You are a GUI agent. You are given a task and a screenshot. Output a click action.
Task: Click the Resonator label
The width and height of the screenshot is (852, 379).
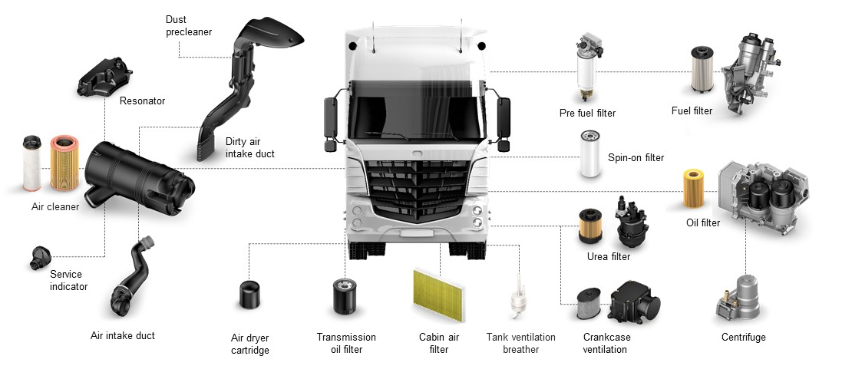142,101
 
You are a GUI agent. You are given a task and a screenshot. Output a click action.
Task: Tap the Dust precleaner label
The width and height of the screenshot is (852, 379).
188,25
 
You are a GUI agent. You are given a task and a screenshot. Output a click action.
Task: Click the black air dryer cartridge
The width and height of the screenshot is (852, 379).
250,295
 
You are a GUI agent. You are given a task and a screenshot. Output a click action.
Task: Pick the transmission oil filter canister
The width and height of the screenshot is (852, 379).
345,296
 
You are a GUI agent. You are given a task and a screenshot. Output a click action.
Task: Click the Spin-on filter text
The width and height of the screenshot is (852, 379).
636,158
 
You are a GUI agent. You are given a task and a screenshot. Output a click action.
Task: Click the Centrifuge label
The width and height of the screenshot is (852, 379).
743,337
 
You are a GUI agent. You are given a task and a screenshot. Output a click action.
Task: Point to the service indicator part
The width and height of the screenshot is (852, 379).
41,258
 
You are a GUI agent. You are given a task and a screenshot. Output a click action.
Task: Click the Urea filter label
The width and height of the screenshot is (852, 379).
608,257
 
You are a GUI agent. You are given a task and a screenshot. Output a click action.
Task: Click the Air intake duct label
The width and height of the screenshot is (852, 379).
123,335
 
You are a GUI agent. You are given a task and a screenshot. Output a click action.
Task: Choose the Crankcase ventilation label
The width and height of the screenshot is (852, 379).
605,343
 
